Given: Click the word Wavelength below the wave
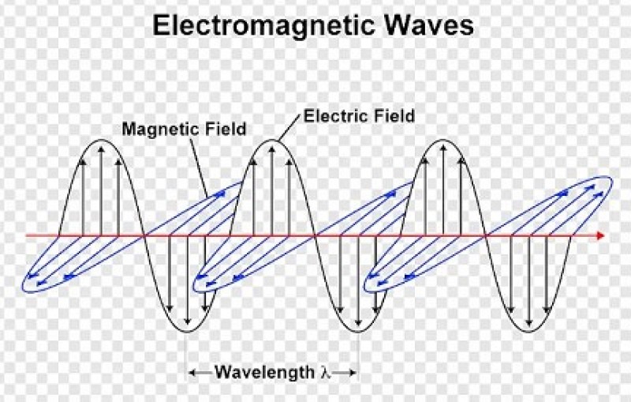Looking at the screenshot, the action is [264, 372].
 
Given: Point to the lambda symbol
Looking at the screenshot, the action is [326, 372].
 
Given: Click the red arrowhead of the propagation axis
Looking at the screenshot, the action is [600, 235].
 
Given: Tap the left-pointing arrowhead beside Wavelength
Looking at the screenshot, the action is [192, 373].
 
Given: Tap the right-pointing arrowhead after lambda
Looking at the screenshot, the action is [353, 373].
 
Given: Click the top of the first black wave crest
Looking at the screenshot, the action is [101, 140].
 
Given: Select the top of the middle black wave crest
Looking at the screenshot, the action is [272, 140].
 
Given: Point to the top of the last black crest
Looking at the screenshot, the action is [442, 140].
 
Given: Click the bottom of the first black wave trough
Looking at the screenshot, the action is [187, 332].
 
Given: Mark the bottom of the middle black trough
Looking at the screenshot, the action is [358, 332].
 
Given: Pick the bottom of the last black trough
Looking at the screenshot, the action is [529, 332].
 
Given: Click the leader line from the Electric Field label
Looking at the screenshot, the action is [289, 128].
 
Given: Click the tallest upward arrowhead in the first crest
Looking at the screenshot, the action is [101, 149].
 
